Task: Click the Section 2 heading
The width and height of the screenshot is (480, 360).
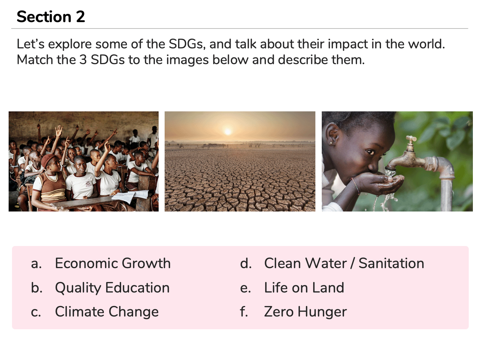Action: coord(51,17)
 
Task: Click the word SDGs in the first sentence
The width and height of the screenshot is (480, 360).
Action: coord(187,44)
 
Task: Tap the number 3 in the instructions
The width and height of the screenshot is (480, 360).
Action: coord(83,60)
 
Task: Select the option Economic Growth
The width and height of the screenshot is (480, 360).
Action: coord(112,263)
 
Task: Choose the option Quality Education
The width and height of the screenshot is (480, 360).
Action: coord(112,287)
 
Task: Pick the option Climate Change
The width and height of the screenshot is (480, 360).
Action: coord(107,312)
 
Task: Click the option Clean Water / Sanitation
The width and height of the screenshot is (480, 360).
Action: coord(344,263)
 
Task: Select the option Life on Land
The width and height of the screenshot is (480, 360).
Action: coord(304,287)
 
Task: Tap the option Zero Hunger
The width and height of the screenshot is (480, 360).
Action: coord(305,312)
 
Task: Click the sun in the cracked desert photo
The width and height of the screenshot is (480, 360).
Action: coord(228,132)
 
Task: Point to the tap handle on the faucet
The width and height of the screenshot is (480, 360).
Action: coord(411,138)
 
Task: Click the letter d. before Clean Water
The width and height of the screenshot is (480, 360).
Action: coord(246,263)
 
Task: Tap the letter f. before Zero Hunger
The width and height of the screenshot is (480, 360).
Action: coord(244,312)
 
